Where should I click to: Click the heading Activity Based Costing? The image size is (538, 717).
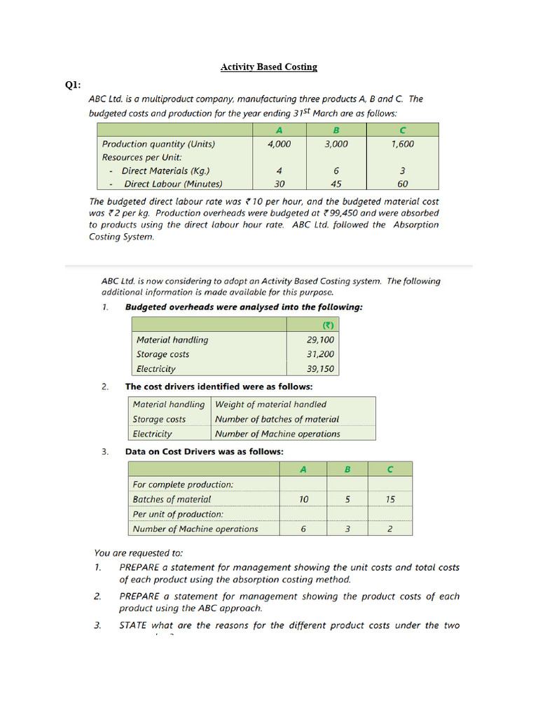(x=269, y=67)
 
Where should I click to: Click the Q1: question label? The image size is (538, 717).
(x=73, y=85)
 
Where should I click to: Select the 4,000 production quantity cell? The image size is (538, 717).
(x=279, y=144)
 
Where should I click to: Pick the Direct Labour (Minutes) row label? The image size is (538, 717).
(x=172, y=184)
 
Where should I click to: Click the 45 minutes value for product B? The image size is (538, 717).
(x=336, y=184)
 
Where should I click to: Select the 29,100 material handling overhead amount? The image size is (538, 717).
(x=320, y=340)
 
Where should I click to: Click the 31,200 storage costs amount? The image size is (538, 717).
(x=320, y=354)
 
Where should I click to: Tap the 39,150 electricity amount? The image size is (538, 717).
(x=320, y=369)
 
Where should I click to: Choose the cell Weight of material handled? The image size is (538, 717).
(x=270, y=404)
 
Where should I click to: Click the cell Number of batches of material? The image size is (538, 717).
(x=277, y=419)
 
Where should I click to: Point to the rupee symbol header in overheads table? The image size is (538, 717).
(x=327, y=325)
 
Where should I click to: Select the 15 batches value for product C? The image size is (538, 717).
(x=390, y=499)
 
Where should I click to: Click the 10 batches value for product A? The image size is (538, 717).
(x=303, y=499)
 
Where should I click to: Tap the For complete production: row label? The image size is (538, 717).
(x=183, y=485)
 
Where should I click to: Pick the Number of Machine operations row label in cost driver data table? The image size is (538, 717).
(x=195, y=529)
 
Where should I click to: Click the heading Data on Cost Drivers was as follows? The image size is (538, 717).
(x=204, y=452)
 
